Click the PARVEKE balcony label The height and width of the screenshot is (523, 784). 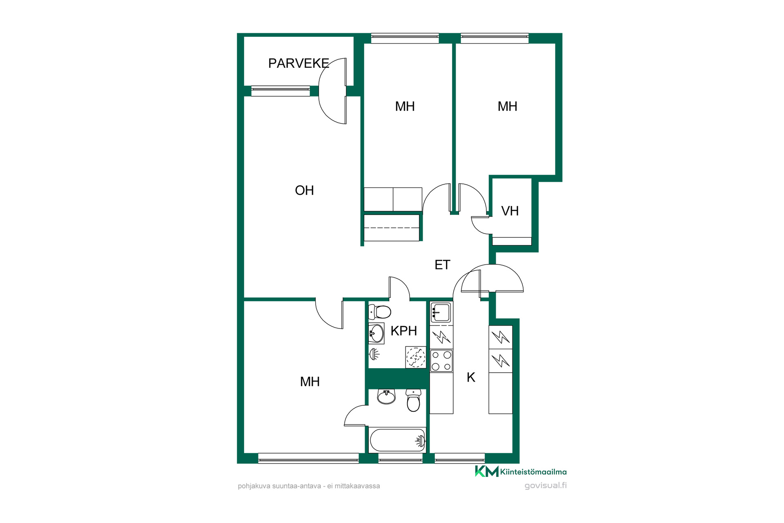(298, 63)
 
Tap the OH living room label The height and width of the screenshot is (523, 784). (304, 190)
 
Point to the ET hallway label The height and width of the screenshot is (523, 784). (442, 265)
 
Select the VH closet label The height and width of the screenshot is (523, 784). (510, 211)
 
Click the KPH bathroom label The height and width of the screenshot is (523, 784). (404, 331)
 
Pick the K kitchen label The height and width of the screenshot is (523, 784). (471, 377)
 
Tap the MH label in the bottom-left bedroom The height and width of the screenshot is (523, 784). (310, 382)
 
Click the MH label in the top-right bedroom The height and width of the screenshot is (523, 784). (508, 106)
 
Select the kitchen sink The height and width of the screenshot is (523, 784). (441, 313)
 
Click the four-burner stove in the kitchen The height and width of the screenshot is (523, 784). (441, 361)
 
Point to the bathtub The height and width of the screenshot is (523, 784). (397, 440)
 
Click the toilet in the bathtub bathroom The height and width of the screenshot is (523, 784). (413, 400)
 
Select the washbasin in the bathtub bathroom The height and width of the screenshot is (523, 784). (386, 396)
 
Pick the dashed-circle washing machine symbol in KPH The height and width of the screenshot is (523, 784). (416, 357)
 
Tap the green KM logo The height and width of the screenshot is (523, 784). (487, 471)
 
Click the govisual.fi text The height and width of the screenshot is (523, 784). (546, 485)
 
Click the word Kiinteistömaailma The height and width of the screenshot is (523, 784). (533, 472)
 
